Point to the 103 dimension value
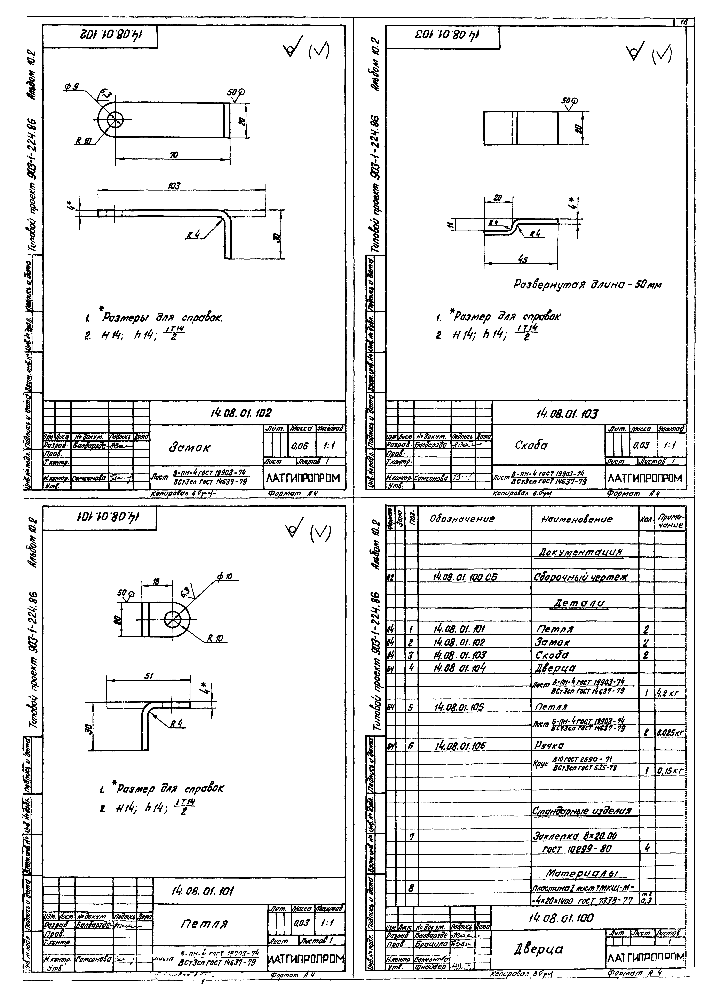click(x=174, y=186)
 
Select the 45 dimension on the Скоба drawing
click(x=522, y=260)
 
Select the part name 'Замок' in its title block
click(x=189, y=448)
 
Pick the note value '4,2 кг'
click(x=669, y=694)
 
